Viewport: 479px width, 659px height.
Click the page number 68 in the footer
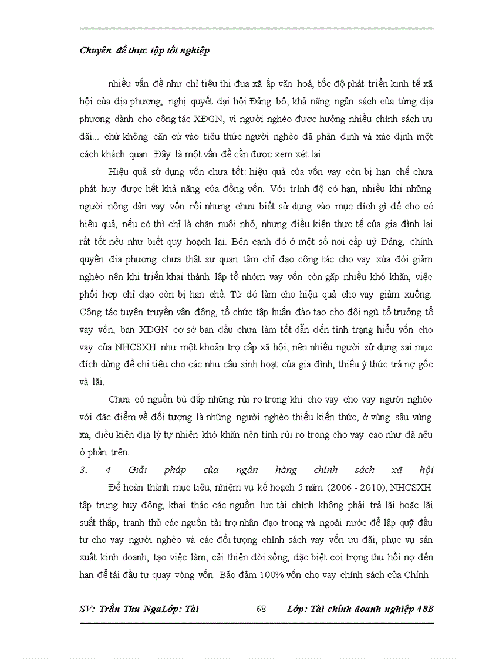click(261, 609)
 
